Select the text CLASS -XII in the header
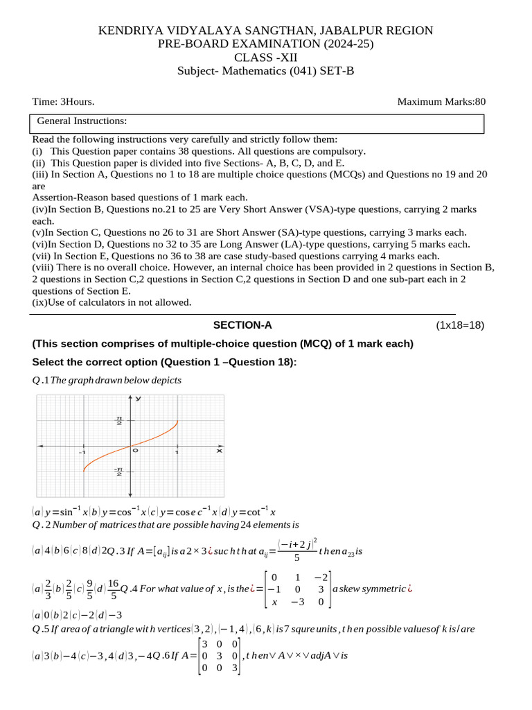click(x=265, y=58)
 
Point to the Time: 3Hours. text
click(x=64, y=102)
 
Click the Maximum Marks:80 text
click(x=441, y=102)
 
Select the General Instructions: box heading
click(x=82, y=121)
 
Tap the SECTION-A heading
click(x=242, y=325)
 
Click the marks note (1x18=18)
click(x=460, y=325)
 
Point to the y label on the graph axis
click(x=139, y=399)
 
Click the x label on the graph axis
click(x=219, y=451)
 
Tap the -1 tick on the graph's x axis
click(x=82, y=452)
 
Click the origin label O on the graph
click(x=136, y=451)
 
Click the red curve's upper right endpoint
click(x=177, y=422)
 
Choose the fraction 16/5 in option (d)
click(x=114, y=589)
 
